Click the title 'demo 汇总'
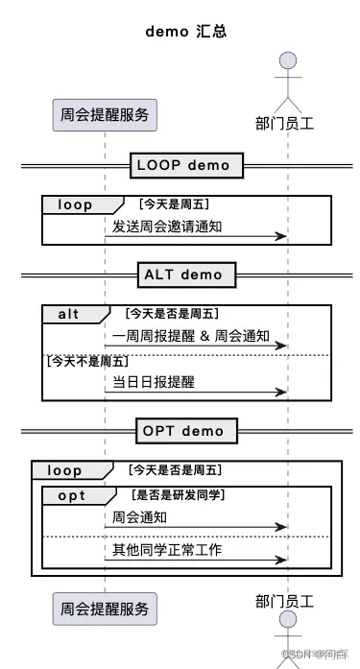tap(185, 31)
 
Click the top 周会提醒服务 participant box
tap(105, 114)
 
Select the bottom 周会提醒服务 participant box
tap(105, 608)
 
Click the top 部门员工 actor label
tap(287, 123)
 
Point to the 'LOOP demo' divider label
tap(183, 165)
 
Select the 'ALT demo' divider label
tap(183, 275)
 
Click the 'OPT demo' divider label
tap(183, 430)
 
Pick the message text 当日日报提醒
tap(154, 381)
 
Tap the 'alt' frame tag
tap(69, 314)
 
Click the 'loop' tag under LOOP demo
tap(76, 204)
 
